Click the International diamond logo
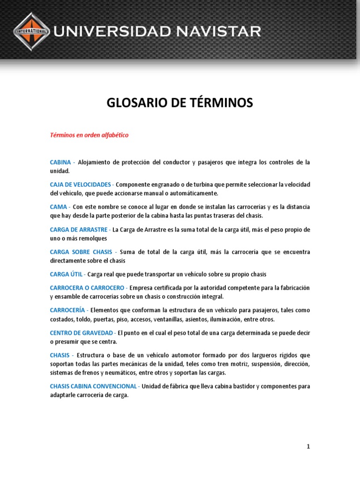click(31, 31)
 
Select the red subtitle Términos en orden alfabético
click(89, 135)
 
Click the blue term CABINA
click(60, 162)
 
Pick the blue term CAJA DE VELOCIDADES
click(80, 184)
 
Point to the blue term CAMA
click(59, 207)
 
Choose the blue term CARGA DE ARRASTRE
click(79, 230)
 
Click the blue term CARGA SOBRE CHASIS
click(81, 252)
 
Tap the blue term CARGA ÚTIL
click(66, 274)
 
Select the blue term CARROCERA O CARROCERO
click(87, 287)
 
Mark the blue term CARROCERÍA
click(67, 310)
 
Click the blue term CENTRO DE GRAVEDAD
click(81, 333)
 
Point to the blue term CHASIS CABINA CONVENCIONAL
click(93, 386)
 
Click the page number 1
click(308, 447)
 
